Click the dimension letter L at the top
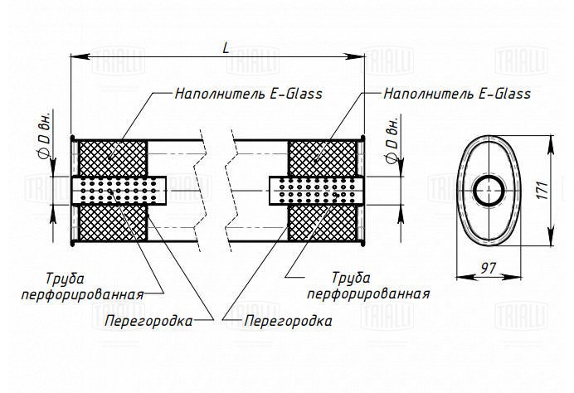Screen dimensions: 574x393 point(226,48)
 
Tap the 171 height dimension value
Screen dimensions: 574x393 point(542,190)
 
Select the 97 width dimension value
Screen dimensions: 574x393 point(488,269)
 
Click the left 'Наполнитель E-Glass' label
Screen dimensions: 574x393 point(249,94)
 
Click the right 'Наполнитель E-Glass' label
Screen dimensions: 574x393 point(457,94)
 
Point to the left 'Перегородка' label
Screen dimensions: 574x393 point(148,321)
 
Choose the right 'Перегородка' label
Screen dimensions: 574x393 point(288,321)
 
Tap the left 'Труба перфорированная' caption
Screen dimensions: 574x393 point(82,287)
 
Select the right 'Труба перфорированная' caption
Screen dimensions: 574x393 point(368,286)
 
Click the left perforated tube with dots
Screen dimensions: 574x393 point(119,191)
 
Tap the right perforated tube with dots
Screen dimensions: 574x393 point(317,191)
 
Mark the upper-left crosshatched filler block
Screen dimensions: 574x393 point(113,158)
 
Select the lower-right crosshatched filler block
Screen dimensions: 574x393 point(322,222)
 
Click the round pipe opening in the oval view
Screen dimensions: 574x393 point(489,191)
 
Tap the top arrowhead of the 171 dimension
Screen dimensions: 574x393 point(550,145)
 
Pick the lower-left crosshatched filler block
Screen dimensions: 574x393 point(113,222)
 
